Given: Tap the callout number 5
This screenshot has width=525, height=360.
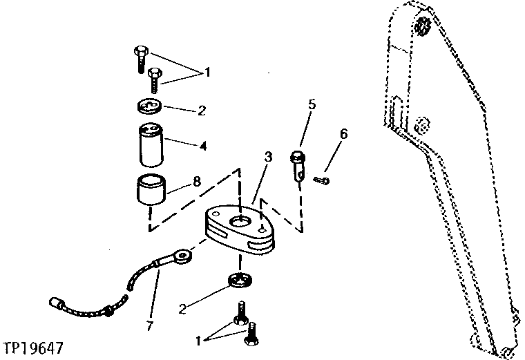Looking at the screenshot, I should coord(311,104).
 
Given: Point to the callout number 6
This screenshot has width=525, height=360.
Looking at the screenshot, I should coord(344,133).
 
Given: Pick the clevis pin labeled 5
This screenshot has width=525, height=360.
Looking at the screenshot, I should coord(297,163).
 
